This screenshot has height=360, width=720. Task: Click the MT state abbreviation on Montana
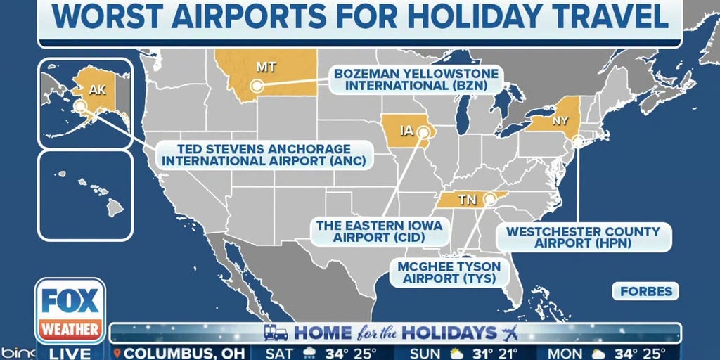(265, 67)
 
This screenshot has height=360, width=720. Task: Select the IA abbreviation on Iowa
(407, 130)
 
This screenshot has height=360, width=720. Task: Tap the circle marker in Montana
(257, 86)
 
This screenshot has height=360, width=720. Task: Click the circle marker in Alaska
(81, 106)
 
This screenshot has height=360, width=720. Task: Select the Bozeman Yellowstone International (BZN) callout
(416, 79)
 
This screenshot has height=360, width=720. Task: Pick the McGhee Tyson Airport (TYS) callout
(450, 272)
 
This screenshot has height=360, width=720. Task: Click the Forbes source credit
(646, 291)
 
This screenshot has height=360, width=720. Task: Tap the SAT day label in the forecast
(280, 352)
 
